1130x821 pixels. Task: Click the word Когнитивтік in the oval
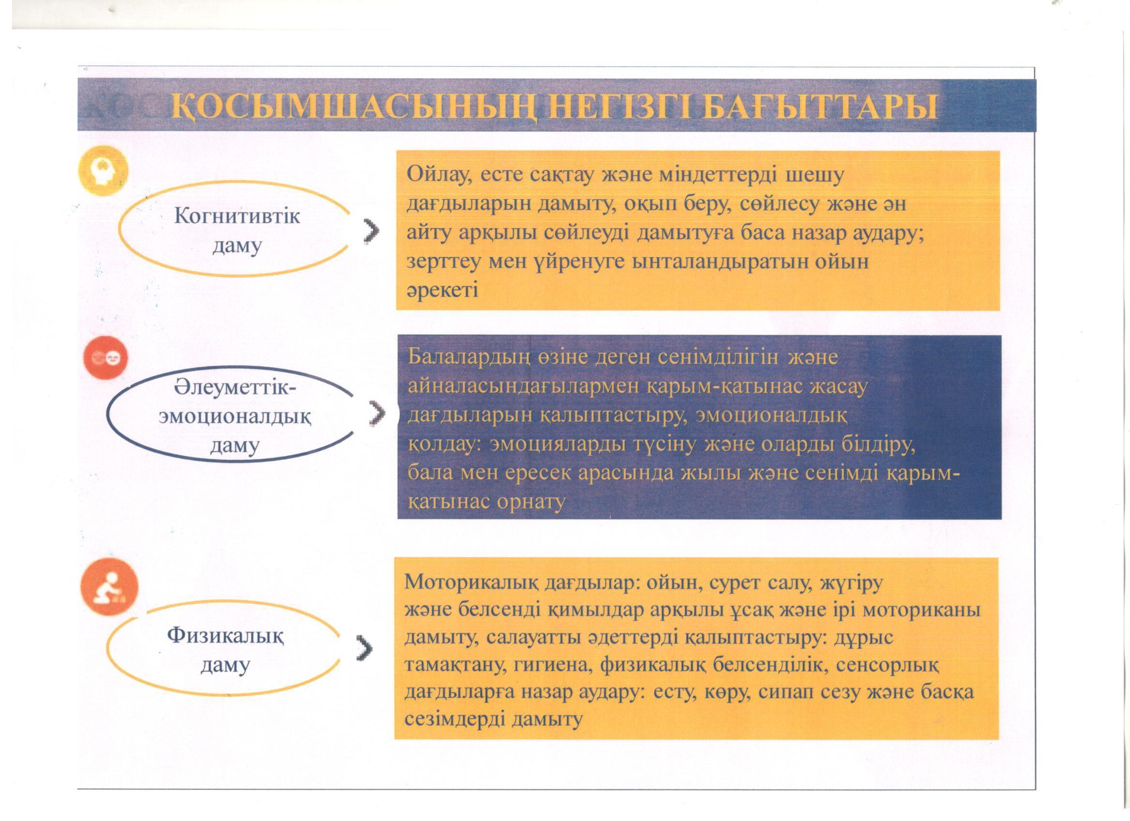(x=237, y=216)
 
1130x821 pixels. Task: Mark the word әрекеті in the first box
(x=442, y=290)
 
